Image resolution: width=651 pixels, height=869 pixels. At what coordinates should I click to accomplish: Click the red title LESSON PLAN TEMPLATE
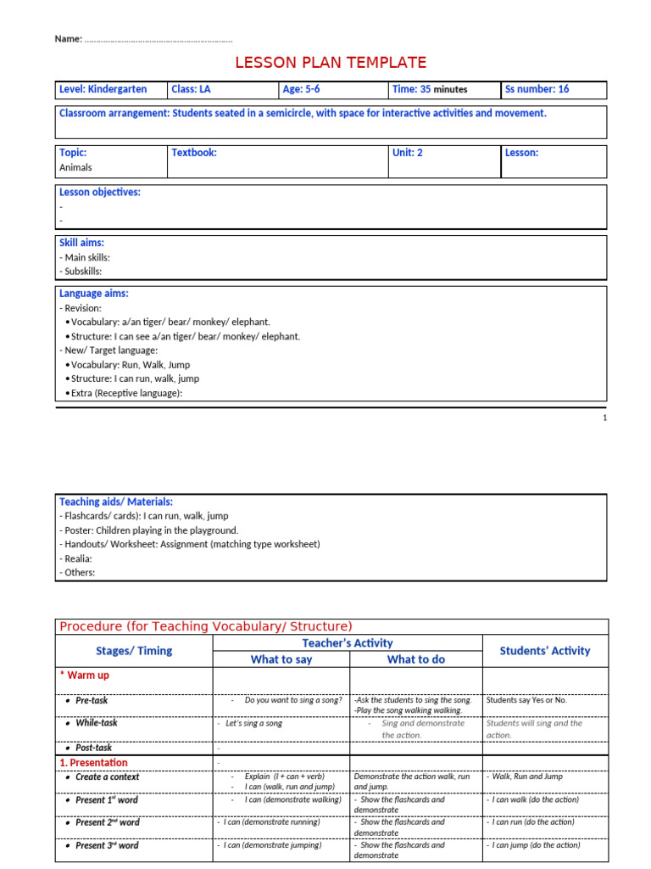330,62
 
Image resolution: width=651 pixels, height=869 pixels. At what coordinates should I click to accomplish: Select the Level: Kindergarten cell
103,89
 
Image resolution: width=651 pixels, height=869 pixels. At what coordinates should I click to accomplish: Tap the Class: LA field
191,89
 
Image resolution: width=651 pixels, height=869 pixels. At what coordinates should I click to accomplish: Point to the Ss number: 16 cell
537,89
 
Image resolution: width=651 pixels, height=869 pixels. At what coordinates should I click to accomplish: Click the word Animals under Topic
75,167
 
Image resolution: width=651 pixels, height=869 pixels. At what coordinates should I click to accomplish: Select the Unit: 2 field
407,153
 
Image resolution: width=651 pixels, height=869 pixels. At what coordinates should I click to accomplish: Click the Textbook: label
194,153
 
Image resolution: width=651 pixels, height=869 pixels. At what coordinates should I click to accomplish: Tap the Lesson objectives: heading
99,192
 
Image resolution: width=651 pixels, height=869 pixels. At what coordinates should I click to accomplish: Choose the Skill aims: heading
81,243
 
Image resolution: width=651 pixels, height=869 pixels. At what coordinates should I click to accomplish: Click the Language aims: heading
93,294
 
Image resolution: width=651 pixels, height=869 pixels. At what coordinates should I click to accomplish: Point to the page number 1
604,418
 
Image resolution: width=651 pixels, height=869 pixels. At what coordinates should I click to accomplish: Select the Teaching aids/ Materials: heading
115,502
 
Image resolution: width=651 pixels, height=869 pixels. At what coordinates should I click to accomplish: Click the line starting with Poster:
148,530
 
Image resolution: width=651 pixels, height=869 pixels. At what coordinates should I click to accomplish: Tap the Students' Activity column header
545,651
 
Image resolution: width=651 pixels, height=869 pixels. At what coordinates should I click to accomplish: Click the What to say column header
281,659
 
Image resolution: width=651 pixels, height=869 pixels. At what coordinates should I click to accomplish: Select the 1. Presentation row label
93,763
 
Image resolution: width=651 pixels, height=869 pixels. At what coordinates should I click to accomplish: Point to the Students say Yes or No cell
526,700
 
